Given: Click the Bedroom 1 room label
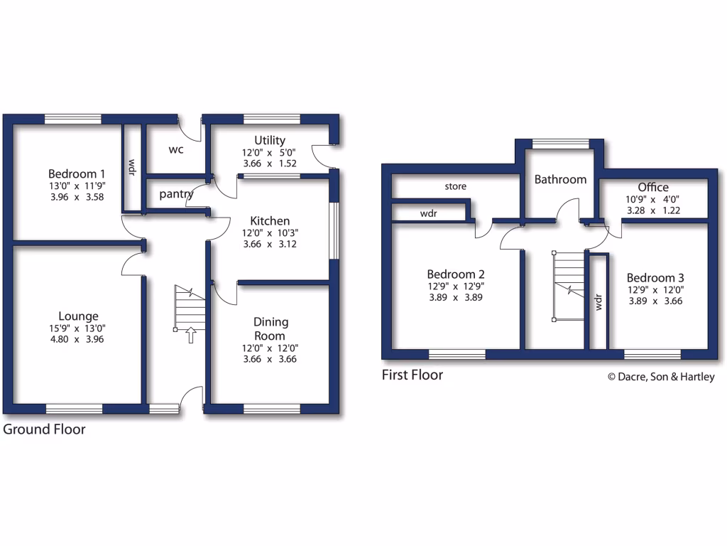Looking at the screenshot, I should (77, 173).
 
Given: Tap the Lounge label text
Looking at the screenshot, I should (78, 316).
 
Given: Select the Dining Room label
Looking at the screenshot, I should (270, 328).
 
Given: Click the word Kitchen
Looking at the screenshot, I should (270, 221).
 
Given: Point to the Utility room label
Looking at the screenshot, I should (270, 140).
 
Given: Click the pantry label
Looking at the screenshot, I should (176, 193).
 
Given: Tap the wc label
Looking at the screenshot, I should (177, 150).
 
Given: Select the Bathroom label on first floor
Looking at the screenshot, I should (560, 179).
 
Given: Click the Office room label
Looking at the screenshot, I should (652, 188).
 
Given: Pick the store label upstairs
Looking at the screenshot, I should (456, 187).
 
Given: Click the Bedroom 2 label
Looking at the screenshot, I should (455, 274).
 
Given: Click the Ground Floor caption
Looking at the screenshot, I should (45, 429).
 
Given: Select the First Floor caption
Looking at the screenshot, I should (412, 375).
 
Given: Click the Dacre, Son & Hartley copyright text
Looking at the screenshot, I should (660, 378).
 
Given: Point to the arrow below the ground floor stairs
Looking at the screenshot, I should (190, 336).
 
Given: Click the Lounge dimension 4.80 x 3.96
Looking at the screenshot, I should (77, 339).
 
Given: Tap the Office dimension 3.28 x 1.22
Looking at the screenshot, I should (653, 210).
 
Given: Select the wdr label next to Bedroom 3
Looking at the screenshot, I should (598, 304).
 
